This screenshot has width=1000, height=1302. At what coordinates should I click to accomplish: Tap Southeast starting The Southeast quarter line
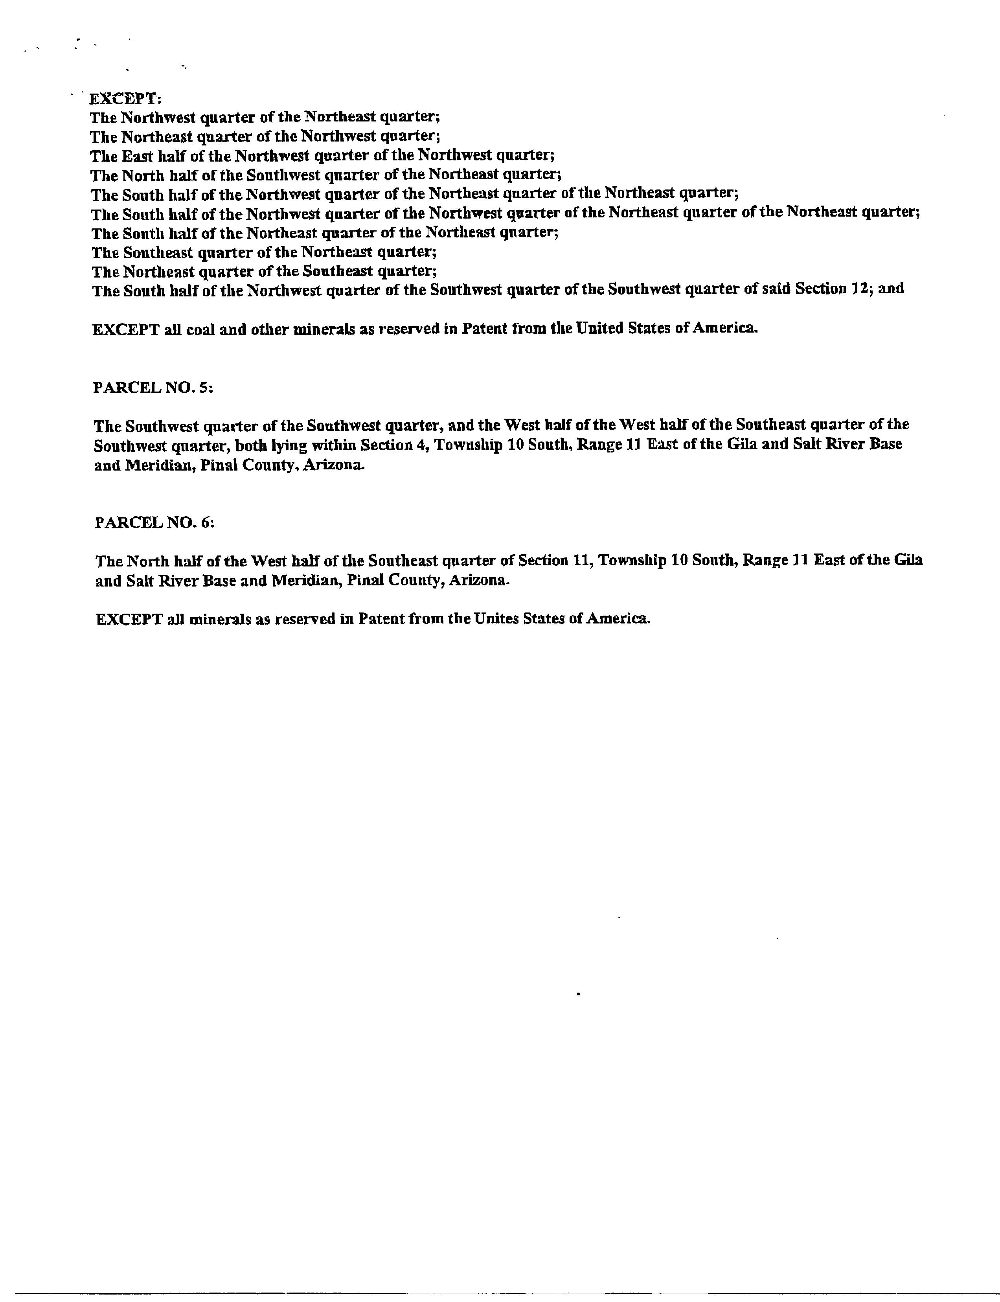[x=159, y=252]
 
